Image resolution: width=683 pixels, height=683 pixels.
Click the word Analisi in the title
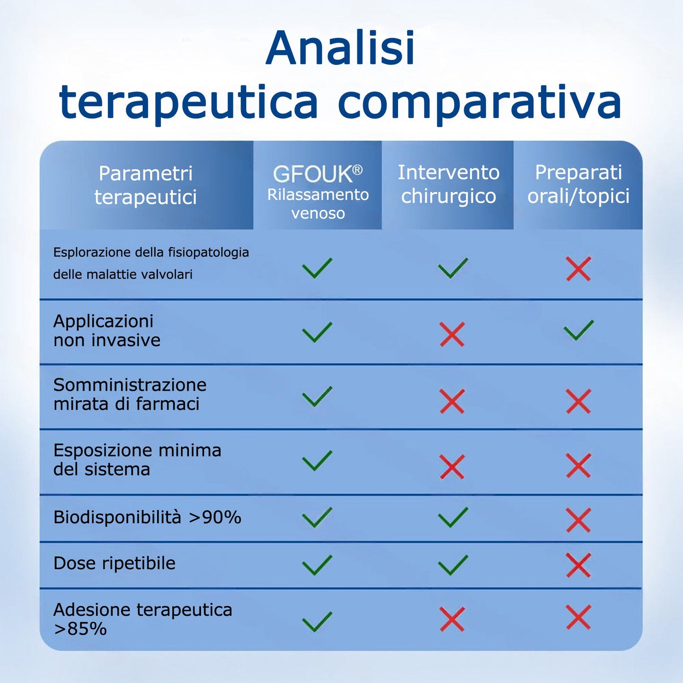[340, 48]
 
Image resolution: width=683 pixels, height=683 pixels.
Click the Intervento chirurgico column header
[448, 184]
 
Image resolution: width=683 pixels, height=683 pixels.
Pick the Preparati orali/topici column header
[578, 184]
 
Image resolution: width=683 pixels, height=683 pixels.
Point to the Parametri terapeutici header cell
[146, 185]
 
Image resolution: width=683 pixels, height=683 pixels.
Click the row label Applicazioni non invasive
[107, 330]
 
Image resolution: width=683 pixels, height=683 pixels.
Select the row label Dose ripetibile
[114, 563]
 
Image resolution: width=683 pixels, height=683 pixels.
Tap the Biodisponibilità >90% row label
[147, 518]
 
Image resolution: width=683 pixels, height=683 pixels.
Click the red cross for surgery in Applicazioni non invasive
[452, 334]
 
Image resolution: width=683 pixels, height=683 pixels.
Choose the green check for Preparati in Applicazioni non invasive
[579, 330]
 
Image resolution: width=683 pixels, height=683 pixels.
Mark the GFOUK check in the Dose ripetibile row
[317, 565]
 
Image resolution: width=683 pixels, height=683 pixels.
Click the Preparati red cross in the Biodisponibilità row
[579, 520]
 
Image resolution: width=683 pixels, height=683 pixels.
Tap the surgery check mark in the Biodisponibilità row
[453, 517]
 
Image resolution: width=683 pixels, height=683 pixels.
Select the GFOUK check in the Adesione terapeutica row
[317, 621]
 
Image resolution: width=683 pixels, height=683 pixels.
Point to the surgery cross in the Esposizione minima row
[452, 467]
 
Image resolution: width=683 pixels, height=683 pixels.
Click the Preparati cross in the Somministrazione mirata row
[579, 401]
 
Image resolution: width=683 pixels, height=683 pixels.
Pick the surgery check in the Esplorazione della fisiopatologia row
[453, 268]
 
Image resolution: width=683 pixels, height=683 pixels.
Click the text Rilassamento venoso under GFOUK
[318, 204]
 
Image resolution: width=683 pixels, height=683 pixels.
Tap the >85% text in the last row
[80, 629]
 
